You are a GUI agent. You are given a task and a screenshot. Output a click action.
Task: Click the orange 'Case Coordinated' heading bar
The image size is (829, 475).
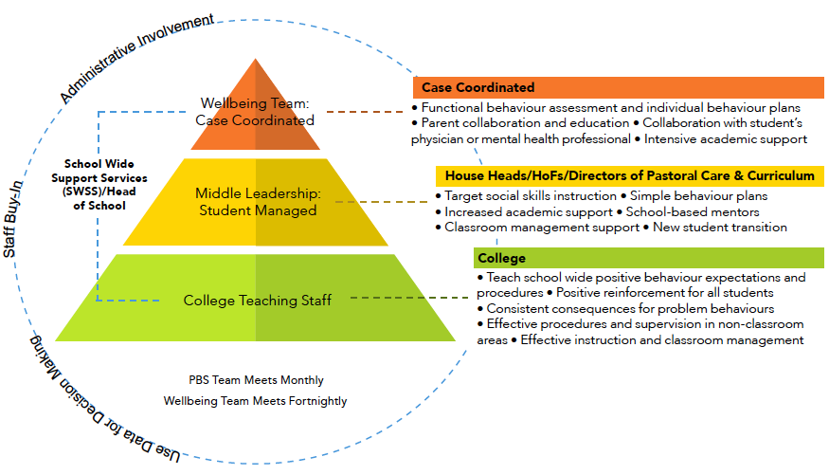click(618, 88)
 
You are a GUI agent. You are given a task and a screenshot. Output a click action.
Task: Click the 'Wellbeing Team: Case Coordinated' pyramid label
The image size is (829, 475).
click(255, 112)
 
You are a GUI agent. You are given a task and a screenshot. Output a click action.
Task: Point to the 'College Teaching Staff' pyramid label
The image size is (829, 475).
click(258, 301)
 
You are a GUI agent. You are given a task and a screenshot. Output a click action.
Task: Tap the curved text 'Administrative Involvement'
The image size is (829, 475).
click(136, 56)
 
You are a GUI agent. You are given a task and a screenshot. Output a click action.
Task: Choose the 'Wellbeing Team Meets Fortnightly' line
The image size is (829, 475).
click(256, 401)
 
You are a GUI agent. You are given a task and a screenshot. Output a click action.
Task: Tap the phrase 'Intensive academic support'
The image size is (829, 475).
click(726, 139)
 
